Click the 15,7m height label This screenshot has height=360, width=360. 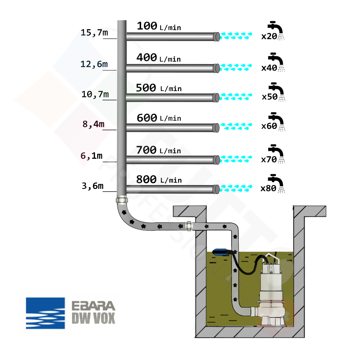pyautogui.click(x=94, y=33)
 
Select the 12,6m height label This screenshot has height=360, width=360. pyautogui.click(x=94, y=64)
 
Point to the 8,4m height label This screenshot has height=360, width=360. pyautogui.click(x=93, y=124)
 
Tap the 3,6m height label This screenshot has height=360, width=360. pyautogui.click(x=93, y=186)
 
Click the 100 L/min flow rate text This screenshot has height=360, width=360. pyautogui.click(x=158, y=26)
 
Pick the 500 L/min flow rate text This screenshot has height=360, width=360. pyautogui.click(x=158, y=88)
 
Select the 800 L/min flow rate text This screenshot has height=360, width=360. pyautogui.click(x=158, y=179)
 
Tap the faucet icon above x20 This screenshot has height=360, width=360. pyautogui.click(x=276, y=27)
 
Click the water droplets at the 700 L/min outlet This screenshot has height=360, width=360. pyautogui.click(x=236, y=158)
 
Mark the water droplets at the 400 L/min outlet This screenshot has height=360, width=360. pyautogui.click(x=236, y=67)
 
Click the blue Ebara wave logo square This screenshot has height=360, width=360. pyautogui.click(x=45, y=313)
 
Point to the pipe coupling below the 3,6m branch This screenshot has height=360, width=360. pyautogui.click(x=122, y=199)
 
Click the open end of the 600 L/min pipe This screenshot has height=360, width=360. pyautogui.click(x=216, y=127)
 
